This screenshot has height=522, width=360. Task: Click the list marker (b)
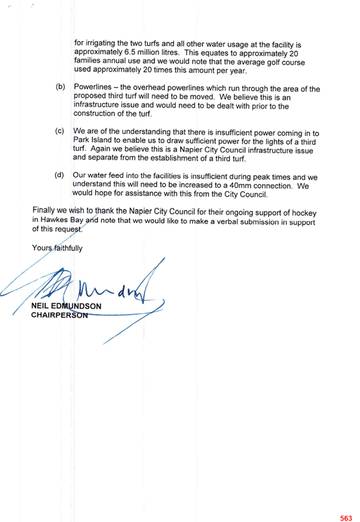(x=61, y=87)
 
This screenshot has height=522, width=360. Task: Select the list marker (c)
(x=59, y=131)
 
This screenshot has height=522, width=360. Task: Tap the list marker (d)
(x=59, y=175)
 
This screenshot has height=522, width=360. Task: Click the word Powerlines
(x=92, y=87)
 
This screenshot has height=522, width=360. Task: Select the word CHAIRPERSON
(x=59, y=315)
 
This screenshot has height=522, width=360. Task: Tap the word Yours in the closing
(x=42, y=248)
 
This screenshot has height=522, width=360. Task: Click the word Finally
(x=43, y=210)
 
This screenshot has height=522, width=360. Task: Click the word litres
(x=170, y=52)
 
